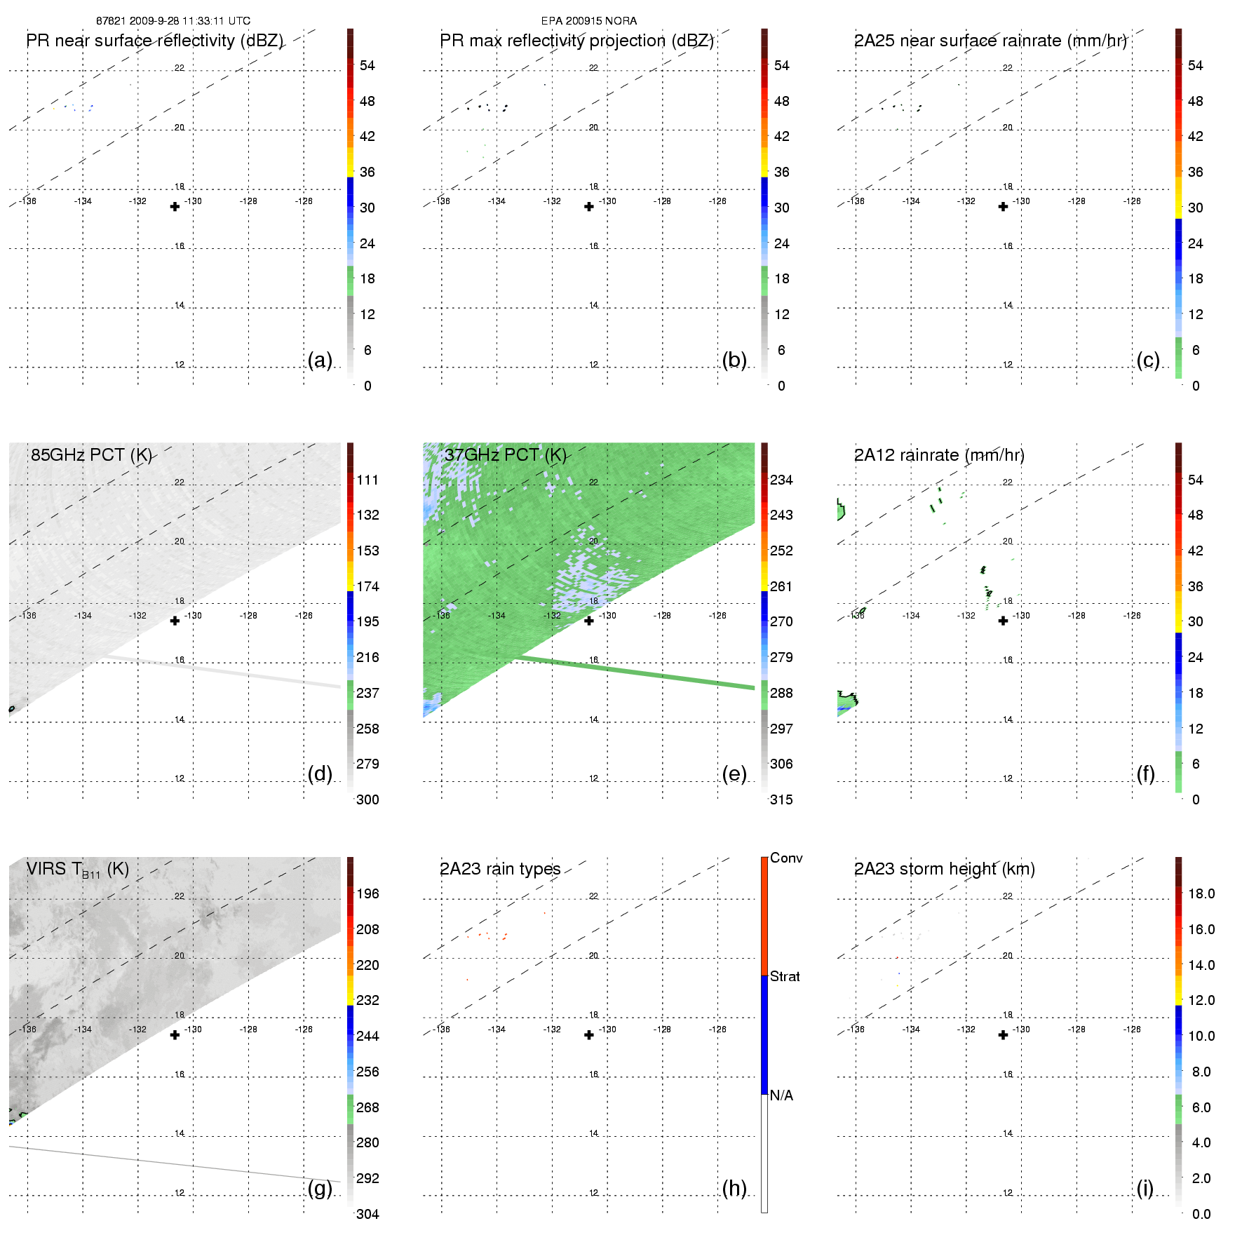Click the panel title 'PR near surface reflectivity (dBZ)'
click(154, 41)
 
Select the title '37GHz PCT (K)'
click(505, 455)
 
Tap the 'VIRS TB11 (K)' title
click(77, 870)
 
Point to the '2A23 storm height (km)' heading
click(944, 870)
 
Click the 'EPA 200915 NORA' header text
click(589, 21)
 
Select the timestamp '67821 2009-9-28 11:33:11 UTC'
click(173, 21)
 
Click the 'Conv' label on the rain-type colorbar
click(786, 858)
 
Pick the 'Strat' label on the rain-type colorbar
click(785, 977)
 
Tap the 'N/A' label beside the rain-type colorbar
click(781, 1096)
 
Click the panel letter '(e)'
click(734, 774)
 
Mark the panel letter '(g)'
click(320, 1189)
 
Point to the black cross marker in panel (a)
click(175, 207)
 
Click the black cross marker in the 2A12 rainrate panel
click(1004, 621)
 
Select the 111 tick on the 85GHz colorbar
click(367, 480)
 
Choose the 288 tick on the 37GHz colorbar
click(781, 694)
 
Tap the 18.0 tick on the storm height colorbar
click(1201, 894)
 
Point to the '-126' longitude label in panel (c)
click(1132, 201)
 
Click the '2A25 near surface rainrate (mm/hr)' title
click(990, 41)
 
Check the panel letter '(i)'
click(1145, 1189)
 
